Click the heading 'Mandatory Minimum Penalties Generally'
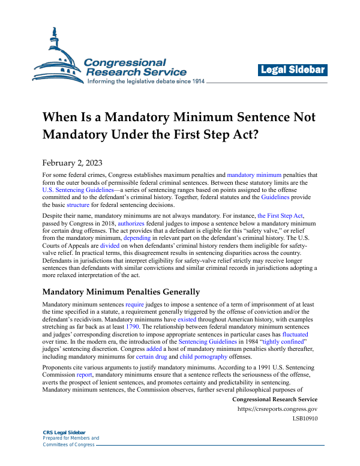click(x=121, y=292)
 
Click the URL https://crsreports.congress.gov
click(x=278, y=409)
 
